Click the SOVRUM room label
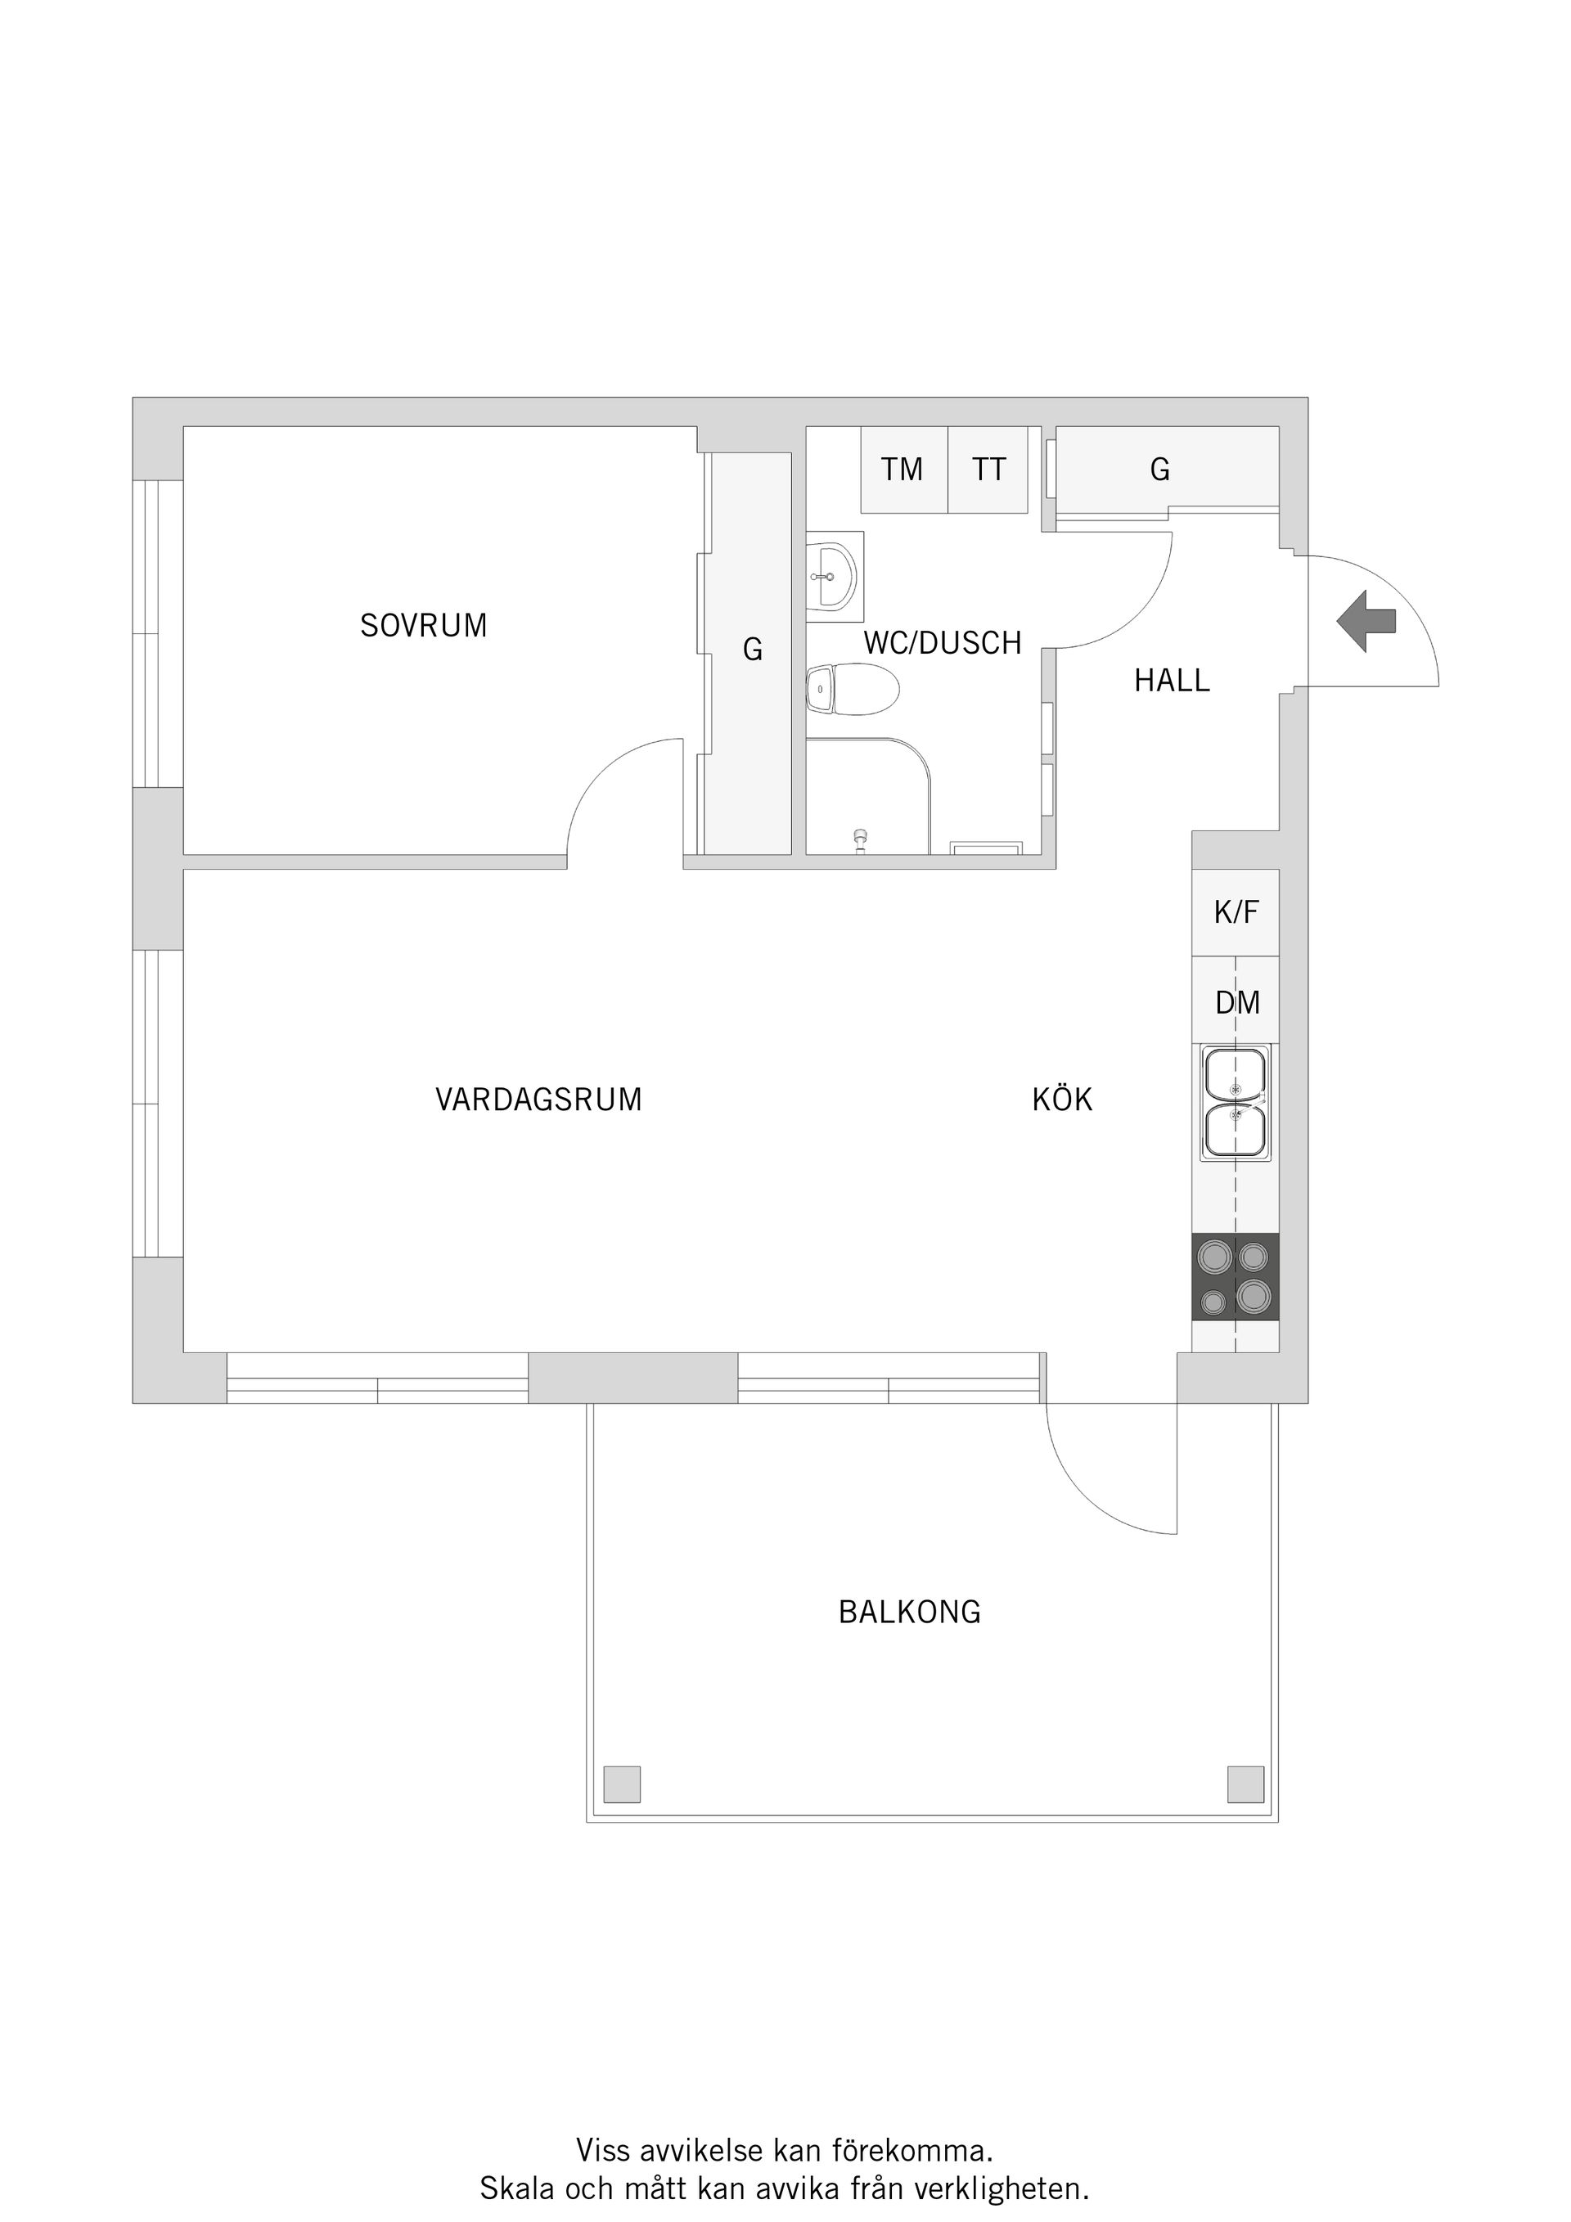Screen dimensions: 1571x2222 (424, 625)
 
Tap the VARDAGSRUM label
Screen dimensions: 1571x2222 (538, 1100)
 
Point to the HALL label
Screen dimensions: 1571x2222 (1173, 681)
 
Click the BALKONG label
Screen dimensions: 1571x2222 (910, 1612)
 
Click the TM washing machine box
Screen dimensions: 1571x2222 (904, 470)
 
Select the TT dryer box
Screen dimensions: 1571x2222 (988, 470)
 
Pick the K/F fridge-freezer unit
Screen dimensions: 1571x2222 (1236, 913)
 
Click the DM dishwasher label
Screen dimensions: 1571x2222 (1238, 1003)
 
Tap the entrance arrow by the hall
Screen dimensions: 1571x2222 (1366, 621)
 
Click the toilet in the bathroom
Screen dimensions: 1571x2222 (852, 689)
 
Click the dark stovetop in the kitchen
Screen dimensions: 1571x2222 (1236, 1276)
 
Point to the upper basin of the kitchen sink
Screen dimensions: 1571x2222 (1236, 1074)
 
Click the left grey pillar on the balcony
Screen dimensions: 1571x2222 (623, 1784)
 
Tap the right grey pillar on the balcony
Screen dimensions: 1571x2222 (1246, 1784)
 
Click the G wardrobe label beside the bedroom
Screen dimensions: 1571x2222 (753, 650)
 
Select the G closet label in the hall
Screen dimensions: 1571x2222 (1159, 470)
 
